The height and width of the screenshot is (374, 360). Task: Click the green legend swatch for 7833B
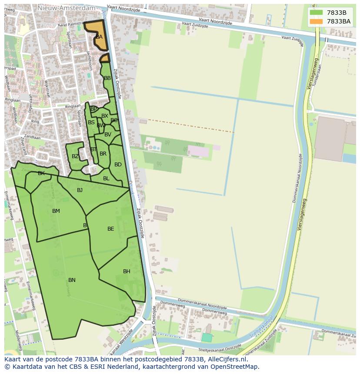pyautogui.click(x=317, y=13)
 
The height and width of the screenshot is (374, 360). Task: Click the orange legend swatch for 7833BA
pyautogui.click(x=317, y=21)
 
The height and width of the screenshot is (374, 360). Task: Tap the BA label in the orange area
pyautogui.click(x=99, y=37)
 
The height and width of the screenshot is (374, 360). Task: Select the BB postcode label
pyautogui.click(x=107, y=78)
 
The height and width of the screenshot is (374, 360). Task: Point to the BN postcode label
pyautogui.click(x=72, y=280)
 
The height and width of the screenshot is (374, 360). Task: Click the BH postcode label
pyautogui.click(x=127, y=271)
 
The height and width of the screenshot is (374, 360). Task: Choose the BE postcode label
pyautogui.click(x=111, y=229)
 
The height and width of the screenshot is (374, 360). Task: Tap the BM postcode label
pyautogui.click(x=56, y=211)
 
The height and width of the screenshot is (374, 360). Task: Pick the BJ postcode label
pyautogui.click(x=80, y=190)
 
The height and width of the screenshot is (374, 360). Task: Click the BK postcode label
pyautogui.click(x=41, y=173)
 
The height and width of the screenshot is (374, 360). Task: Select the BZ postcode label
pyautogui.click(x=75, y=156)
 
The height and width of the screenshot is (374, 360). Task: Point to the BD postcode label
pyautogui.click(x=118, y=165)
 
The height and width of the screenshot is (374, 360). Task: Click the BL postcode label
pyautogui.click(x=106, y=179)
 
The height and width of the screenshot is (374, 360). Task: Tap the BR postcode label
pyautogui.click(x=103, y=154)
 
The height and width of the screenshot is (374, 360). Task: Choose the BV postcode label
pyautogui.click(x=108, y=135)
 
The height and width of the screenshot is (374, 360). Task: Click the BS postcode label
pyautogui.click(x=91, y=122)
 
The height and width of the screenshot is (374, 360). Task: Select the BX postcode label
pyautogui.click(x=105, y=116)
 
